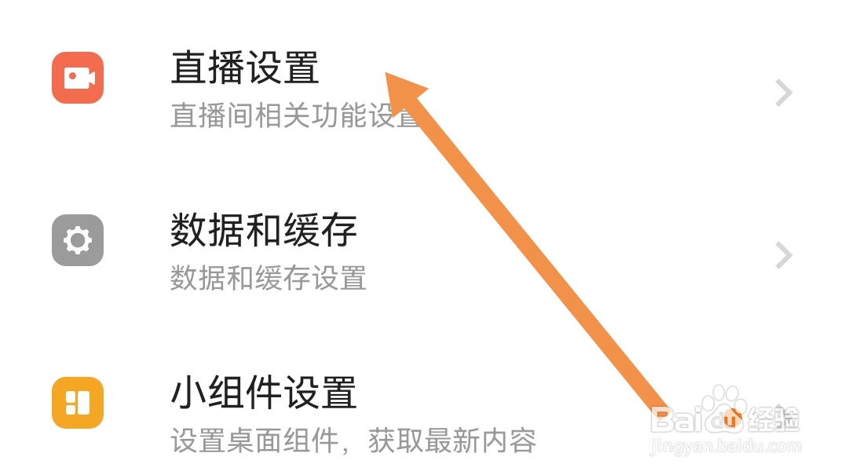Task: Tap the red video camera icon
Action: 78,78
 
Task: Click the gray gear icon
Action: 78,240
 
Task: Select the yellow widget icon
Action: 78,403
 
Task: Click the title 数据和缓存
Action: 264,230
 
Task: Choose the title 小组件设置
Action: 264,393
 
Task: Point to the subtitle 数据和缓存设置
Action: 269,278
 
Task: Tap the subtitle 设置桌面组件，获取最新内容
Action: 353,440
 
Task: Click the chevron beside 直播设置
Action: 783,93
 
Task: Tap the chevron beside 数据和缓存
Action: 783,256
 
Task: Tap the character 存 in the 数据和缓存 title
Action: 339,230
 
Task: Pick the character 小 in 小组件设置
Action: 189,393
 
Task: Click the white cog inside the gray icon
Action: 78,240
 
